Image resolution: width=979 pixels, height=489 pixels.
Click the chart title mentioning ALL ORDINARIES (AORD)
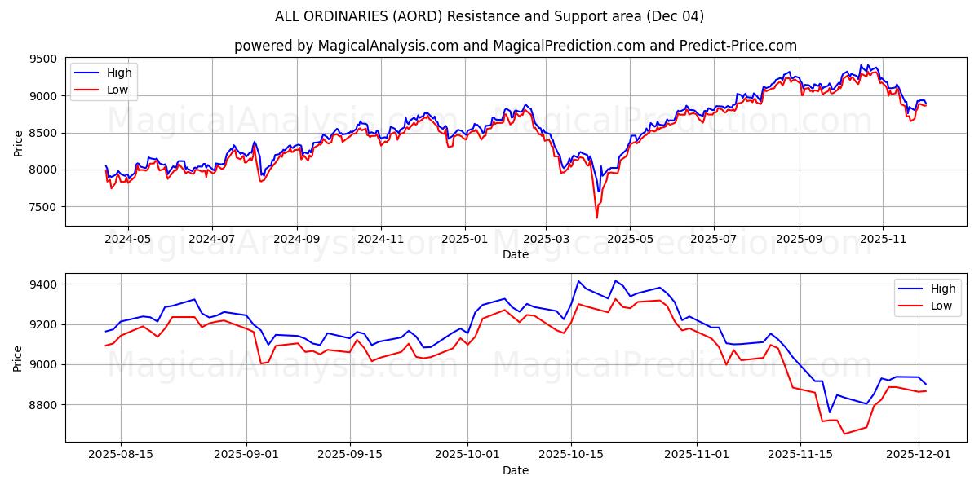point(489,16)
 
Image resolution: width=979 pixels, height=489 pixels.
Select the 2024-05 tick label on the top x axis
point(128,240)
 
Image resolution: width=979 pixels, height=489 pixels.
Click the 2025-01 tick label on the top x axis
point(464,240)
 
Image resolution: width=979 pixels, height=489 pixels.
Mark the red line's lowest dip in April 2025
point(596,218)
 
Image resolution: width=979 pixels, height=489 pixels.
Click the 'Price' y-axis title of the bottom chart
point(18,357)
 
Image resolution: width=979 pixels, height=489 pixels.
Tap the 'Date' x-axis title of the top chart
point(516,254)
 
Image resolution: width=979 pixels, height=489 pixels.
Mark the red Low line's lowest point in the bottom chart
point(844,434)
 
